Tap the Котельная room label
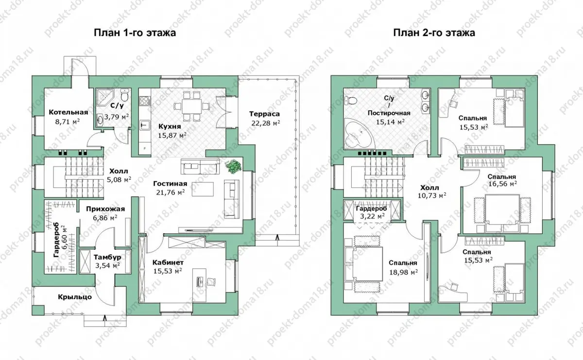pyautogui.click(x=69, y=112)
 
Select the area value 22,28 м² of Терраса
pyautogui.click(x=265, y=122)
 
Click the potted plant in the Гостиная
pyautogui.click(x=233, y=166)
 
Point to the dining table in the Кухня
pyautogui.click(x=191, y=106)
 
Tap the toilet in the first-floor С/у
pyautogui.click(x=125, y=95)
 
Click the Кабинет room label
pyautogui.click(x=168, y=262)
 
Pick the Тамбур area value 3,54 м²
pyautogui.click(x=107, y=266)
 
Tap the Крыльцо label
pyautogui.click(x=75, y=297)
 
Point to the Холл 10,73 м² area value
pyautogui.click(x=432, y=195)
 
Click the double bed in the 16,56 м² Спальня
pyautogui.click(x=502, y=213)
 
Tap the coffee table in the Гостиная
pyautogui.click(x=203, y=189)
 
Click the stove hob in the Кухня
pyautogui.click(x=145, y=101)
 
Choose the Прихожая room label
pyautogui.click(x=105, y=209)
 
